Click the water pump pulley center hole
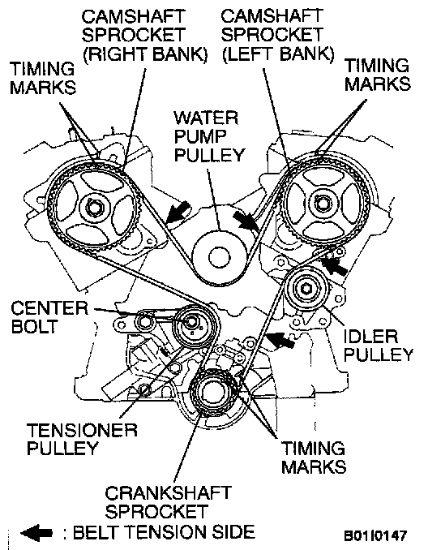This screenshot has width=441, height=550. [x=220, y=257]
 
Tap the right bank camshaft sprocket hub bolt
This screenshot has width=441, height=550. [x=93, y=208]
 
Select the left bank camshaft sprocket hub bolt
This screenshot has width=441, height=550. [x=321, y=203]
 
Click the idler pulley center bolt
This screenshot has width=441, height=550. [x=306, y=288]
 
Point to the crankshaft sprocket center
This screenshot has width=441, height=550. [x=212, y=393]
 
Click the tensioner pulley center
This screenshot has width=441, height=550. [x=191, y=322]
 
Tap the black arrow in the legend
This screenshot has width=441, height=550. [x=36, y=533]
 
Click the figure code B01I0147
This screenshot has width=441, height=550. [x=375, y=535]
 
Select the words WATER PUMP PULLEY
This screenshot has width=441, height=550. [x=209, y=136]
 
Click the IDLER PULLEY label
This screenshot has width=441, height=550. [x=379, y=346]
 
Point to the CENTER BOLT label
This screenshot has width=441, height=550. [x=49, y=317]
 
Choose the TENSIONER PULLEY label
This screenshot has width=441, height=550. [x=82, y=440]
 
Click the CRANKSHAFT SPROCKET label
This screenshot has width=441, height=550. [x=168, y=503]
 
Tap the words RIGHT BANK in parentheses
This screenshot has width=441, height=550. [x=145, y=54]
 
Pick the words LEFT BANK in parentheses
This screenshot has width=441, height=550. [x=278, y=54]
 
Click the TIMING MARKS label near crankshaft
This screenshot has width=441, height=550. [x=314, y=458]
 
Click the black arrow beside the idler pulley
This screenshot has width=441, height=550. [x=335, y=267]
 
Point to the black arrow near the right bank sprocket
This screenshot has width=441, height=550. [x=178, y=213]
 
